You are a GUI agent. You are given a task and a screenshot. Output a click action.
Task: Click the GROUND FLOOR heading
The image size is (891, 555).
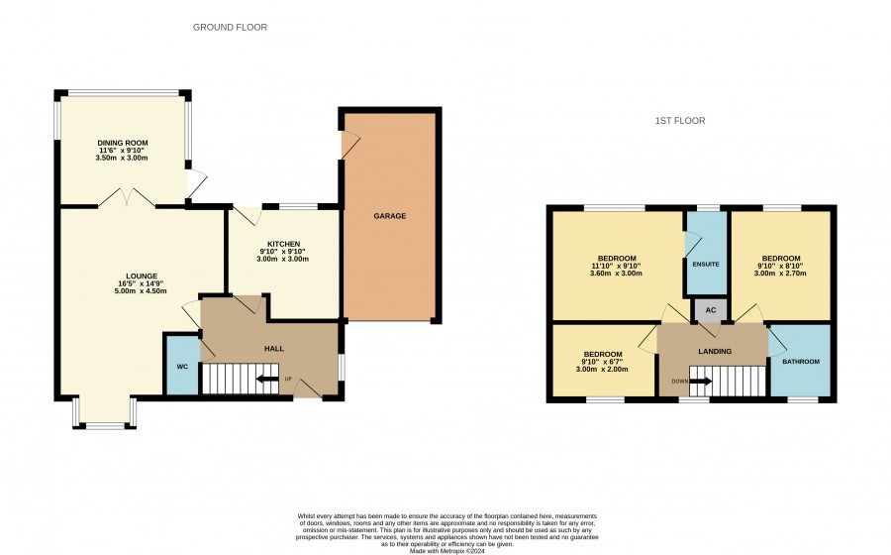pos(230,28)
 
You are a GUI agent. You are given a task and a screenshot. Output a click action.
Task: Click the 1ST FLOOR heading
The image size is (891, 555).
pos(680,121)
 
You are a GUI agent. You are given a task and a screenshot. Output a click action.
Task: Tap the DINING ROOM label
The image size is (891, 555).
pos(123,143)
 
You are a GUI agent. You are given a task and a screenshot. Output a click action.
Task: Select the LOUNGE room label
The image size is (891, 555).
pos(142,277)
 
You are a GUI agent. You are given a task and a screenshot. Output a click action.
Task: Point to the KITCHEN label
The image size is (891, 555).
pos(283,244)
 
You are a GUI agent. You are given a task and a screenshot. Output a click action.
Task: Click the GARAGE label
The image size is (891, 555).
pos(390,216)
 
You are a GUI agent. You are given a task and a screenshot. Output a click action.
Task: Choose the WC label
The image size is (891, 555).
pos(182,367)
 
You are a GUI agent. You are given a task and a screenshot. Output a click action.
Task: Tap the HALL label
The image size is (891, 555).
pos(274,349)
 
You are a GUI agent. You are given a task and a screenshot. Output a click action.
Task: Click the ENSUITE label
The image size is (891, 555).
pos(706,265)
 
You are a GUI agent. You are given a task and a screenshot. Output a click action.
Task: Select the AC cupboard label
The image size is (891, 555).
pos(710,310)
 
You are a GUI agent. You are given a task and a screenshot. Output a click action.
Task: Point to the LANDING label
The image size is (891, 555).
pos(715,352)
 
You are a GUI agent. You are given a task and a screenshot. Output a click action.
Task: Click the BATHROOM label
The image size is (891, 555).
pos(801,362)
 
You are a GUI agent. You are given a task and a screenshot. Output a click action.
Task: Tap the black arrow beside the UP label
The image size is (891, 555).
pos(267,379)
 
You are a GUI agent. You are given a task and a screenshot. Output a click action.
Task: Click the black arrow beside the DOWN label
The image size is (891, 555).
pos(701,381)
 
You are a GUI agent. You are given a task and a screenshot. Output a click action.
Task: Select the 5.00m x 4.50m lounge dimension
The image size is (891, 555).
pos(141,291)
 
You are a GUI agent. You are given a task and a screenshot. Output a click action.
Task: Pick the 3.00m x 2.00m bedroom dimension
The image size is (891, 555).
pos(602,369)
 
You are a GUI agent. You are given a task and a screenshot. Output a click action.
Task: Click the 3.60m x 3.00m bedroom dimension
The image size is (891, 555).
pos(616,273)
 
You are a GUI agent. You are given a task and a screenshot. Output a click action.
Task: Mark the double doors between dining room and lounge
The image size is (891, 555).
pos(128,197)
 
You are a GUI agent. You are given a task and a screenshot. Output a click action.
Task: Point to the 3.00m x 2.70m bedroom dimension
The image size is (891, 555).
pos(780,273)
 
